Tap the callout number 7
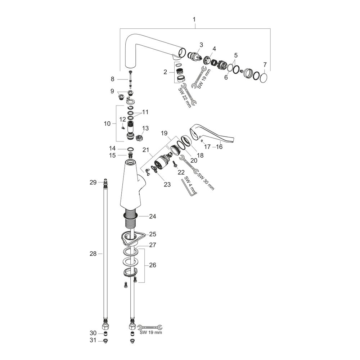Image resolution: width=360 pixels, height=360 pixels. [265, 65]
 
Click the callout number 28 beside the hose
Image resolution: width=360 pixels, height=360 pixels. [93, 254]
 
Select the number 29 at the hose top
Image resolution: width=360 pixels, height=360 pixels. [93, 183]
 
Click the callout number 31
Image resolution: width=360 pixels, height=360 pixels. [93, 341]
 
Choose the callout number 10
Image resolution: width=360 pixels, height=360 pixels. [107, 123]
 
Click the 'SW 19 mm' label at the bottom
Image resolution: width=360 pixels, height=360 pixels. [151, 333]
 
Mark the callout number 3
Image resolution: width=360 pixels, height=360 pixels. [201, 45]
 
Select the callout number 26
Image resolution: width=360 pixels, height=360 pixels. [153, 265]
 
